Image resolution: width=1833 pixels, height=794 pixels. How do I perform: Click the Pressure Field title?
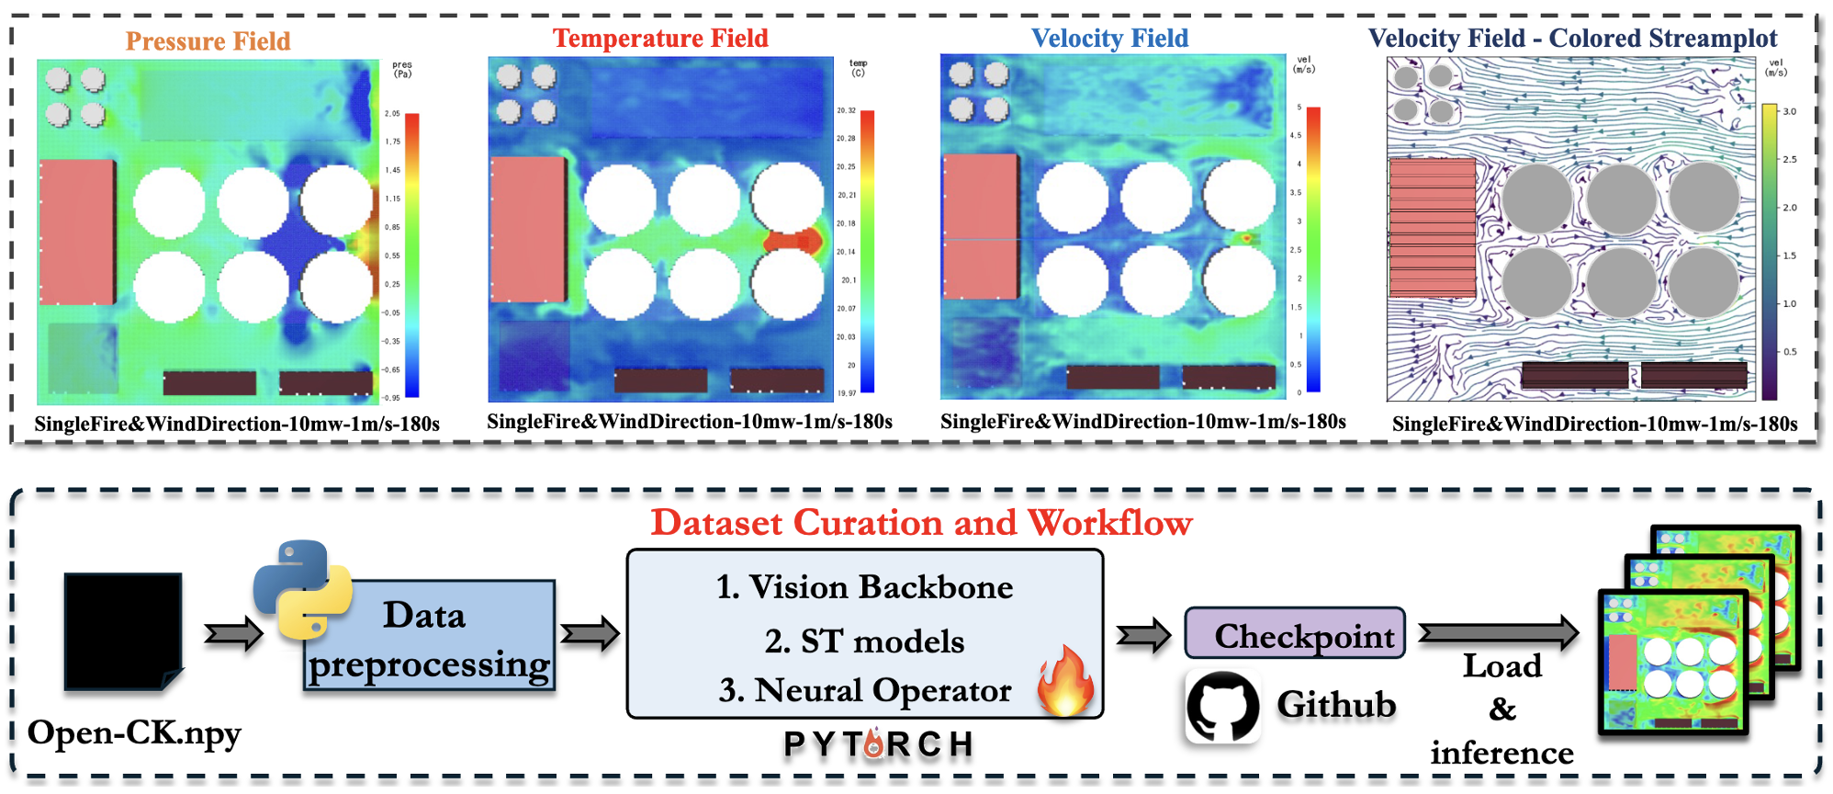(208, 41)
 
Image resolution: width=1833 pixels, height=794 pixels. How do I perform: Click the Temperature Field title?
(660, 39)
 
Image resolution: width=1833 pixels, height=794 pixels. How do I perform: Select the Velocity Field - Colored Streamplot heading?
(1572, 39)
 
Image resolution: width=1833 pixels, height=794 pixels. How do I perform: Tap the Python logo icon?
(302, 589)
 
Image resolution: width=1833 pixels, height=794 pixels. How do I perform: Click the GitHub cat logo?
(1222, 706)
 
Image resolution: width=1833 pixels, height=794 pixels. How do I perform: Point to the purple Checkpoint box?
(1295, 633)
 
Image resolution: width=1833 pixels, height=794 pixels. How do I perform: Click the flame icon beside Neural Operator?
(1065, 681)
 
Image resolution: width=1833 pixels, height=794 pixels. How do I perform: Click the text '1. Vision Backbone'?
(864, 587)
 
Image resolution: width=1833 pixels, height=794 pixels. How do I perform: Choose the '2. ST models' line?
(864, 641)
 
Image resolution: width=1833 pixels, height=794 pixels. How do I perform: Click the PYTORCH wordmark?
(878, 744)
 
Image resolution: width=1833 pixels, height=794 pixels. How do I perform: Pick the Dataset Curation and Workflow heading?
(921, 523)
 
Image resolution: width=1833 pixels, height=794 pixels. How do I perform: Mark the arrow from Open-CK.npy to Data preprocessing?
(233, 633)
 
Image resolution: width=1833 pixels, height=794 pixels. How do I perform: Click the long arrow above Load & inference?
(1499, 632)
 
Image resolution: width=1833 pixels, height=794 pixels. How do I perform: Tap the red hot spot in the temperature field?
(792, 241)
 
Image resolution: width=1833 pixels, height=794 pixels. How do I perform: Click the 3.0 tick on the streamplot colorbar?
(1789, 111)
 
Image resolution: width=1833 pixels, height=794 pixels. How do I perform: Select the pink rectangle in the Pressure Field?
(77, 232)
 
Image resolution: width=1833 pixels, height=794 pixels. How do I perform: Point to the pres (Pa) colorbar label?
(402, 70)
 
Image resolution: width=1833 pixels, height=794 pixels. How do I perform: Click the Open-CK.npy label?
(134, 733)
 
